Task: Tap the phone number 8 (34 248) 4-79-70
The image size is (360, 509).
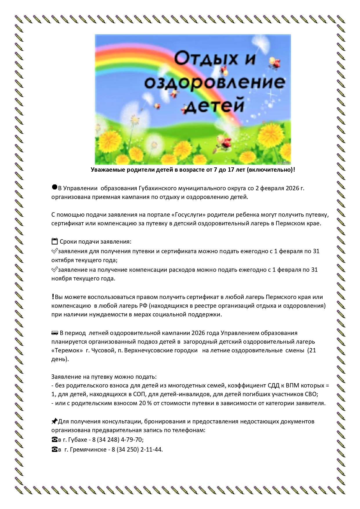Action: point(118,440)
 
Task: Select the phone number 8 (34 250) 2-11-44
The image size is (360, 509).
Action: point(137,450)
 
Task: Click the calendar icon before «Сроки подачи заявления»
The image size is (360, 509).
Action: point(55,241)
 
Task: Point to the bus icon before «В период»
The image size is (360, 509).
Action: point(55,333)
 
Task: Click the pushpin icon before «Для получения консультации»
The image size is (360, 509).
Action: point(54,421)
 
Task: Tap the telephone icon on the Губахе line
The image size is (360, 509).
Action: point(54,440)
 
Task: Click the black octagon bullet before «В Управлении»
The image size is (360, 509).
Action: point(54,187)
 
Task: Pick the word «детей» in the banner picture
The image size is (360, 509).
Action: point(214,106)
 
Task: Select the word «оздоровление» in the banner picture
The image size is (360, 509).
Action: point(215,82)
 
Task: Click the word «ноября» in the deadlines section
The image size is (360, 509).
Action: point(61,279)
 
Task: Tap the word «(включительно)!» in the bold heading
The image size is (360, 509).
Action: point(271,170)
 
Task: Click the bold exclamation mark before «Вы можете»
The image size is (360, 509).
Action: point(53,297)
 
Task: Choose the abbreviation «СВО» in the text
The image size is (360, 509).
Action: point(311,394)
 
